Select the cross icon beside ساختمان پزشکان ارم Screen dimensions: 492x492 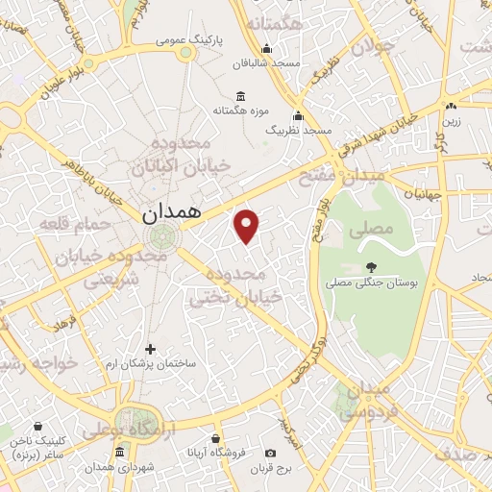pyautogui.click(x=149, y=349)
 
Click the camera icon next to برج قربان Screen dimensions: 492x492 pyautogui.click(x=270, y=453)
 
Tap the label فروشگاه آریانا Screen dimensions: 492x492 pyautogui.click(x=218, y=453)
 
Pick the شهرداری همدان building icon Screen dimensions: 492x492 pyautogui.click(x=118, y=452)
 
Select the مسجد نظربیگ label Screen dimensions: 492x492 pyautogui.click(x=298, y=129)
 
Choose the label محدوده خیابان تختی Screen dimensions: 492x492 pyautogui.click(x=237, y=286)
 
